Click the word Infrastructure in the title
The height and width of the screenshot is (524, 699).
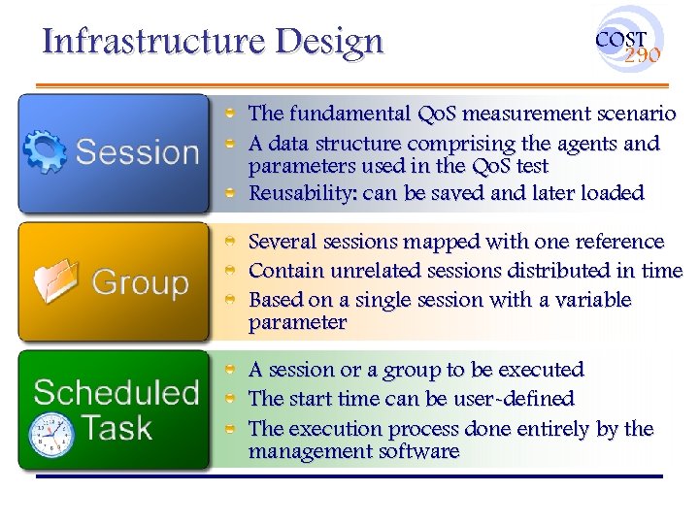[154, 41]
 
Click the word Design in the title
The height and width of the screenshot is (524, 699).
[329, 41]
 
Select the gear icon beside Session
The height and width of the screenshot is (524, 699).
[44, 151]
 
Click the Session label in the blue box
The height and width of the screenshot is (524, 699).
[137, 152]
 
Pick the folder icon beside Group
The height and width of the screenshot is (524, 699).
[56, 282]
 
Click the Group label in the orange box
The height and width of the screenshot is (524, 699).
[140, 283]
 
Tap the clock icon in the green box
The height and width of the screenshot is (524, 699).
[50, 434]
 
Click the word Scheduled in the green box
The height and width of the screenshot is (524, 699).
[116, 393]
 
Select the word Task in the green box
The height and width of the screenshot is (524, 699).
[116, 427]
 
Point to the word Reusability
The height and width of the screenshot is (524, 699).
[302, 193]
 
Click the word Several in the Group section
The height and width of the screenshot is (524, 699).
[281, 242]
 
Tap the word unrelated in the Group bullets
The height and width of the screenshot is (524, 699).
[368, 271]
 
